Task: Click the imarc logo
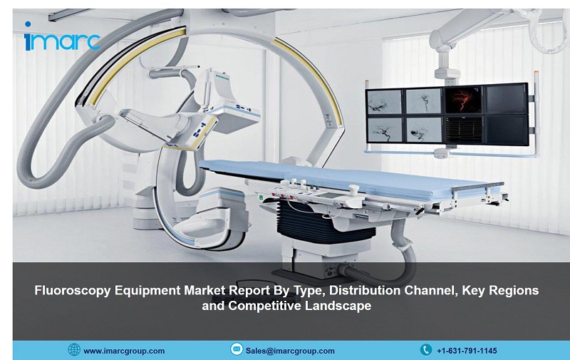(62, 37)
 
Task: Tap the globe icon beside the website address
(74, 349)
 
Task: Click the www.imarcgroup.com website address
(124, 351)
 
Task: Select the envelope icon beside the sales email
(237, 349)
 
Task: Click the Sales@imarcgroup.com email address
(290, 351)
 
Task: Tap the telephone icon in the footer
(426, 350)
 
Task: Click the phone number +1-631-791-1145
(467, 351)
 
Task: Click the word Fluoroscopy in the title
(73, 291)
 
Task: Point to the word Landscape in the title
(338, 305)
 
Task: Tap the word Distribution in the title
(365, 290)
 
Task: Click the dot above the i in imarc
(28, 24)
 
